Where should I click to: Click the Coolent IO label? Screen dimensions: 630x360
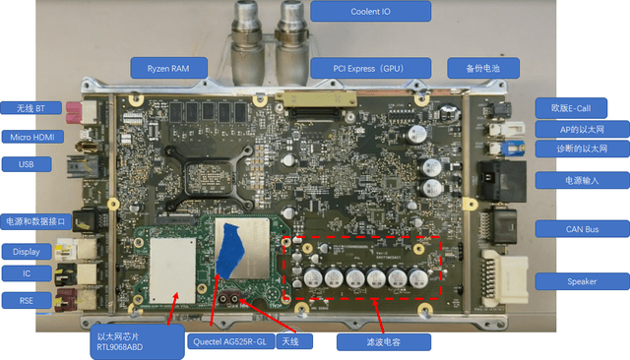[370, 11]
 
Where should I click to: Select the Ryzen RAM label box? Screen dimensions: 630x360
[168, 68]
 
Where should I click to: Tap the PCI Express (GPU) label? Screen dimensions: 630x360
[370, 68]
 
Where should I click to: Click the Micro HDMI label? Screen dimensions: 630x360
[32, 138]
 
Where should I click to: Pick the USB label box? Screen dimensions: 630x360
[27, 164]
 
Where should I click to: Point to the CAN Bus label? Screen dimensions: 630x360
[582, 229]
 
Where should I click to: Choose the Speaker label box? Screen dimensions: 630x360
[582, 281]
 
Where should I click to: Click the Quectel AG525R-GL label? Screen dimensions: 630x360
[230, 341]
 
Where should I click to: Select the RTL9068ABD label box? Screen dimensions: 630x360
[137, 341]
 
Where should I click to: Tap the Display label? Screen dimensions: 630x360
[27, 252]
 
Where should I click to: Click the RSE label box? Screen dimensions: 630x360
[27, 301]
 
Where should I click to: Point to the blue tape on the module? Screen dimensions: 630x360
[229, 251]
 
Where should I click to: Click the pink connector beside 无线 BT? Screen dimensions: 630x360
[74, 112]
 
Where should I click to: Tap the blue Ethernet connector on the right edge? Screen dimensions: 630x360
[516, 149]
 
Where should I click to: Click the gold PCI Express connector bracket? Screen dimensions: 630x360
[316, 98]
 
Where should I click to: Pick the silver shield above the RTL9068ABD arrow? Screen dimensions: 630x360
[172, 270]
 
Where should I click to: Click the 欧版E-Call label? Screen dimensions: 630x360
[571, 108]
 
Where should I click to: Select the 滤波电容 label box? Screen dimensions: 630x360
[384, 342]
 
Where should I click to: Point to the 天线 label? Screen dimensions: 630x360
[294, 341]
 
